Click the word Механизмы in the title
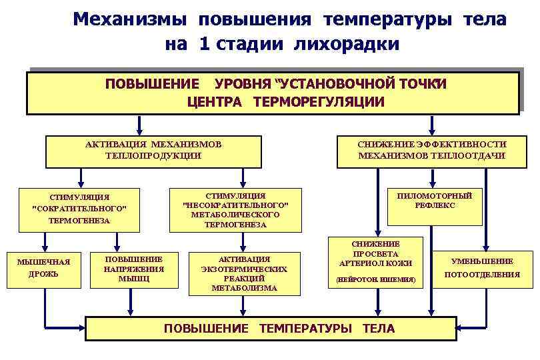131,19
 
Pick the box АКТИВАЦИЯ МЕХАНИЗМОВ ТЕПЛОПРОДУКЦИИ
153,151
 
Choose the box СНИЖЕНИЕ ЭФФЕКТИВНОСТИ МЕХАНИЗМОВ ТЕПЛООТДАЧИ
431,151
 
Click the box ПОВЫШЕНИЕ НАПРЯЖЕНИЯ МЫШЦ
133,268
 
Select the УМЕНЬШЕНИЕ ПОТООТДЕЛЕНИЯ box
482,268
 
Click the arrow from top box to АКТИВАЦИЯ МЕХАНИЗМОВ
139,125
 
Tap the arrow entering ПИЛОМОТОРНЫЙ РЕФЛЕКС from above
434,177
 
